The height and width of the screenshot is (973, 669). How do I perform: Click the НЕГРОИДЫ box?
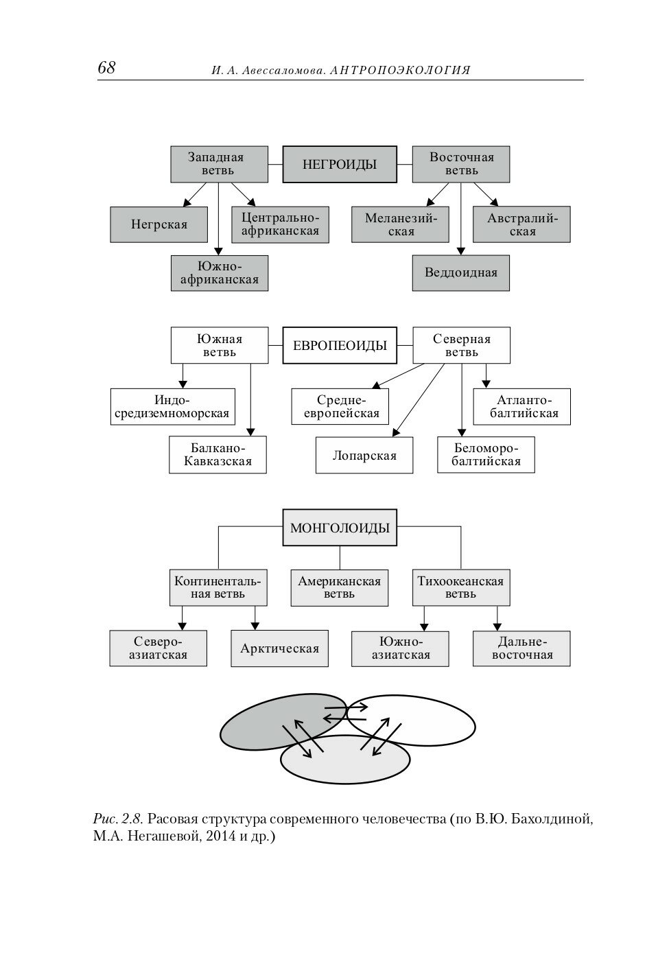pyautogui.click(x=340, y=164)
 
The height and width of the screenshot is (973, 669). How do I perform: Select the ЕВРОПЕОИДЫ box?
pyautogui.click(x=340, y=345)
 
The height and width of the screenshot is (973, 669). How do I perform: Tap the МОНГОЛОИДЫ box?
pyautogui.click(x=340, y=528)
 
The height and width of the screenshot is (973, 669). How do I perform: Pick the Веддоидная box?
pyautogui.click(x=460, y=272)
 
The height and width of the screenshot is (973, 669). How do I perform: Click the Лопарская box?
pyautogui.click(x=364, y=455)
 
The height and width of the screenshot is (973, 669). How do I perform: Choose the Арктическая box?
pyautogui.click(x=279, y=648)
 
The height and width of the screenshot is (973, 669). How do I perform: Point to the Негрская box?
pyautogui.click(x=159, y=224)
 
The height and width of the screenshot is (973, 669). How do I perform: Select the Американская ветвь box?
pyautogui.click(x=339, y=587)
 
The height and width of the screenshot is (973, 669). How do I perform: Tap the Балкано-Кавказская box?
pyautogui.click(x=218, y=454)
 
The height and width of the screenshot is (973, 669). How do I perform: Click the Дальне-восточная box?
pyautogui.click(x=521, y=648)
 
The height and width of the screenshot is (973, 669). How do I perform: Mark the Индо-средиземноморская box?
pyautogui.click(x=172, y=407)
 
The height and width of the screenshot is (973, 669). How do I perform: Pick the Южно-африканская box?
pyautogui.click(x=219, y=272)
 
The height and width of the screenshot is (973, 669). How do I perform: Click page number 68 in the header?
pyautogui.click(x=106, y=68)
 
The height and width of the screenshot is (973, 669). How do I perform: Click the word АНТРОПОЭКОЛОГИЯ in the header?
pyautogui.click(x=400, y=71)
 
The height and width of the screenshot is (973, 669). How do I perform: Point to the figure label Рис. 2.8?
pyautogui.click(x=117, y=819)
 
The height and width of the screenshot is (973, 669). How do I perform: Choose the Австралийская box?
pyautogui.click(x=521, y=224)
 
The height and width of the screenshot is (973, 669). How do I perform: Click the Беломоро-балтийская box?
pyautogui.click(x=486, y=454)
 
